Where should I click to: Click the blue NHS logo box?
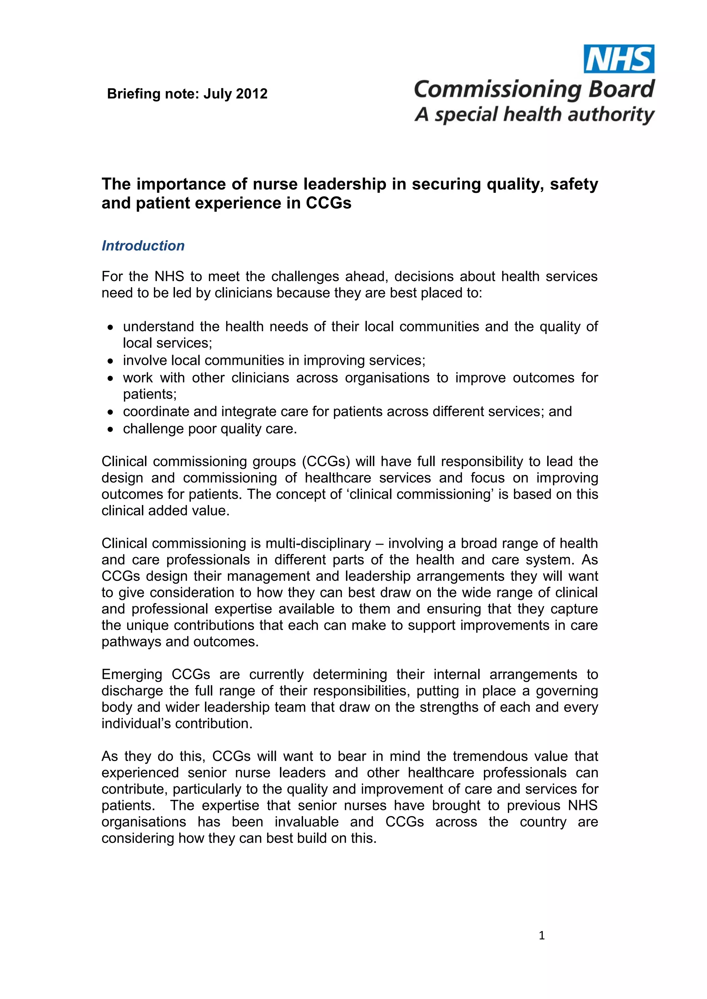point(619,59)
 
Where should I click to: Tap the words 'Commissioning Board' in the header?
point(534,89)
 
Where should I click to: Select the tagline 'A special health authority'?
point(534,115)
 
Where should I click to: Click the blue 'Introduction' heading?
point(143,246)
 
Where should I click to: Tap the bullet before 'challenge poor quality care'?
point(111,430)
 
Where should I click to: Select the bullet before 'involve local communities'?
point(111,361)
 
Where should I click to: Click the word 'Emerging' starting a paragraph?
point(132,675)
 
